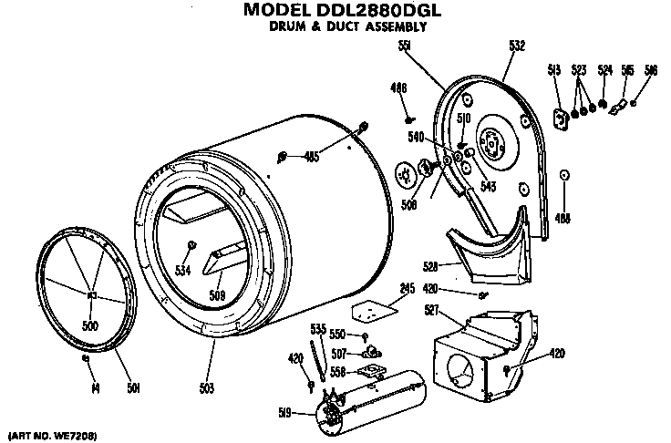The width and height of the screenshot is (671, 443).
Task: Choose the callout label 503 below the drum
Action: click(207, 388)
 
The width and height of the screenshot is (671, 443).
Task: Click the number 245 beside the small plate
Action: click(406, 289)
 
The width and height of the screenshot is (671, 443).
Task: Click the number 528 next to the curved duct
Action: click(430, 266)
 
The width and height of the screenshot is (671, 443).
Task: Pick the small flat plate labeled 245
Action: click(369, 311)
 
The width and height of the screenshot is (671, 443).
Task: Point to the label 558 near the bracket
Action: click(337, 372)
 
